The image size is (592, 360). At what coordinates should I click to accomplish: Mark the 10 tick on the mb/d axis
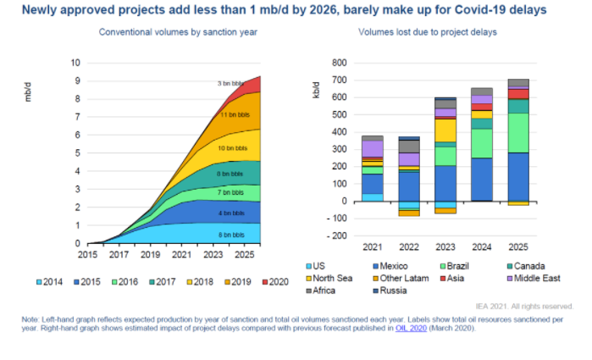point(75,63)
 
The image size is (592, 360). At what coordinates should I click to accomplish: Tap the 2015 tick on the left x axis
point(87,253)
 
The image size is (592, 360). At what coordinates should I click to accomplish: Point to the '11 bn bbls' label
point(234,114)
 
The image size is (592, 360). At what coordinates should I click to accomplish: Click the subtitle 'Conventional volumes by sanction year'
point(179,31)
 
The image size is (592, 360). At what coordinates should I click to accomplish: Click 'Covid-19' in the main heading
point(484,9)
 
